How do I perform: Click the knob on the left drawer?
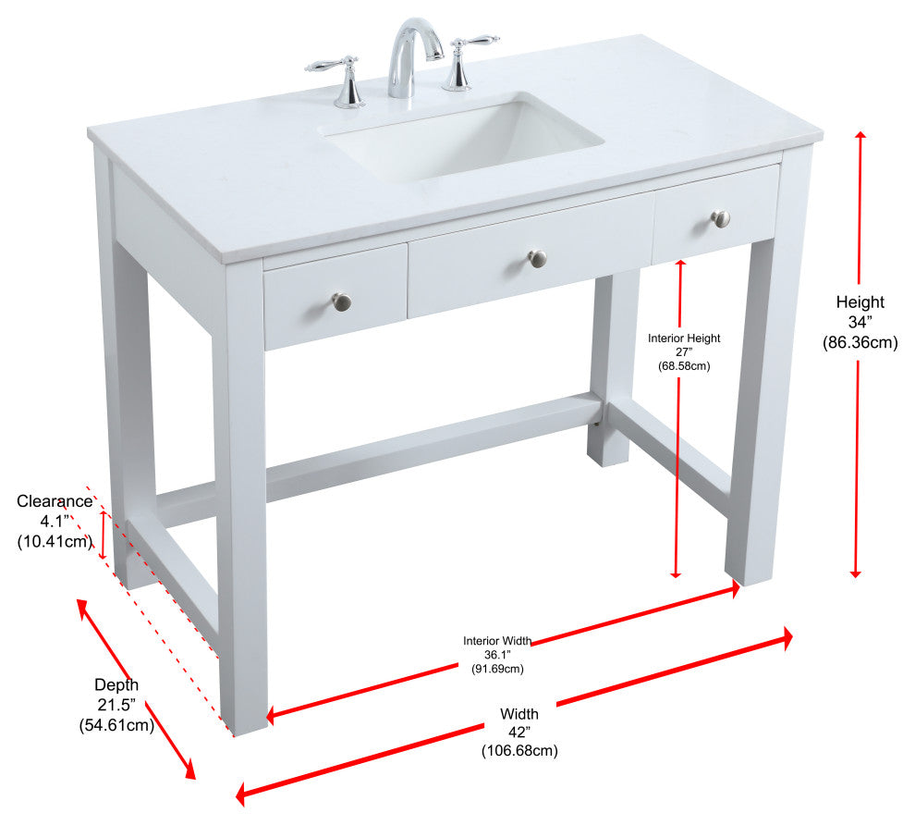[342, 302]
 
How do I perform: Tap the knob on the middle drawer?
[537, 258]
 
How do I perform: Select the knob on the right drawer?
[721, 219]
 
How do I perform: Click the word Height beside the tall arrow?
[860, 302]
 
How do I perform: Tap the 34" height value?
[860, 322]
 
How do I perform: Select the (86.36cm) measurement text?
[860, 342]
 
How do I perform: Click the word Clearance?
[55, 501]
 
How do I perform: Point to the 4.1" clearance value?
[55, 521]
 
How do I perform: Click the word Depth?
[116, 684]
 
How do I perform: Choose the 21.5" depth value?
[116, 705]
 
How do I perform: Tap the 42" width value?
[518, 733]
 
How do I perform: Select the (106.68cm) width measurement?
[519, 751]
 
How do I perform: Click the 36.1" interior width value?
[497, 655]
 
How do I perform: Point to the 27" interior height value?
[684, 352]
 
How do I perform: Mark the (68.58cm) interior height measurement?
[684, 366]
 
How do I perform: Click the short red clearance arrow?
[104, 535]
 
